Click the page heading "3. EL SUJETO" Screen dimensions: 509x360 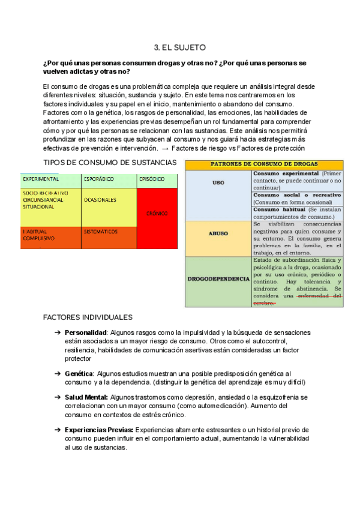coord(180,47)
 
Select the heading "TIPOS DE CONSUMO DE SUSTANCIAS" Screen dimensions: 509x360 coord(110,163)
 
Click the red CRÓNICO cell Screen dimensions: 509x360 coord(157,213)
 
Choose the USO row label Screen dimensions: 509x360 coord(218,182)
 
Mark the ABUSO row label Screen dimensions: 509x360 coord(218,233)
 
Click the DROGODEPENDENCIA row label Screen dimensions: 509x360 coord(218,280)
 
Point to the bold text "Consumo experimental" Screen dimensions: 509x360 coord(287,173)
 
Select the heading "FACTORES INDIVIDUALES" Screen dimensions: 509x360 coord(88,317)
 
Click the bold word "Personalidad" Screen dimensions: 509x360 coord(86,333)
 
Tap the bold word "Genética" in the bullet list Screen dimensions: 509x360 coord(79,373)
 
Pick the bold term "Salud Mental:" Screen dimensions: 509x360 coord(86,397)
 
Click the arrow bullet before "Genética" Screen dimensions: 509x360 coord(58,373)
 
